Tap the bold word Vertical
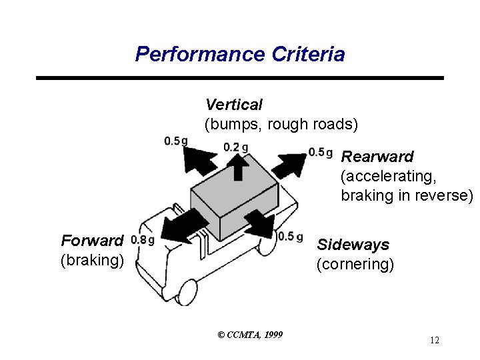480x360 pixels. click(x=233, y=105)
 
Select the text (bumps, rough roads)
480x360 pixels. click(x=281, y=124)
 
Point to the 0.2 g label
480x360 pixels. click(x=236, y=147)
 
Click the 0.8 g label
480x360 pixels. click(x=143, y=240)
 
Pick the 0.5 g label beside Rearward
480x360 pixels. click(x=321, y=153)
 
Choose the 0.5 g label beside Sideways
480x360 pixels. click(x=291, y=237)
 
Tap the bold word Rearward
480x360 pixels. click(x=377, y=157)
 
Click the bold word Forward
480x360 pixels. click(x=92, y=240)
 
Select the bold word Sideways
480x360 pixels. click(x=353, y=245)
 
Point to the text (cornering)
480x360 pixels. click(x=355, y=264)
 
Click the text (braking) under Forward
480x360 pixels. click(x=92, y=259)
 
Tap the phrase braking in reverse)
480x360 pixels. click(x=407, y=195)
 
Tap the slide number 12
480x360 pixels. click(x=434, y=341)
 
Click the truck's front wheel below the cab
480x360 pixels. click(x=187, y=291)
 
